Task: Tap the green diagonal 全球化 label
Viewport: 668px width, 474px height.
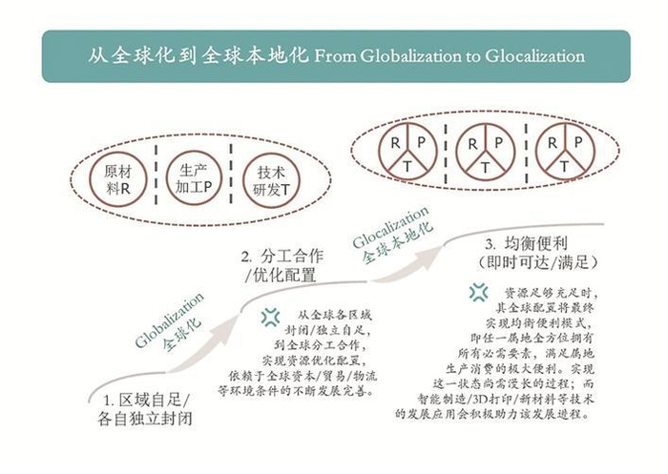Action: pyautogui.click(x=183, y=329)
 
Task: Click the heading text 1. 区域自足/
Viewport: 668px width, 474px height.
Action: pyautogui.click(x=147, y=398)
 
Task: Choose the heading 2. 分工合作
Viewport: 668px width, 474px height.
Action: pyautogui.click(x=282, y=256)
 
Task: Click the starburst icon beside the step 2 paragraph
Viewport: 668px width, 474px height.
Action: pyautogui.click(x=271, y=316)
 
